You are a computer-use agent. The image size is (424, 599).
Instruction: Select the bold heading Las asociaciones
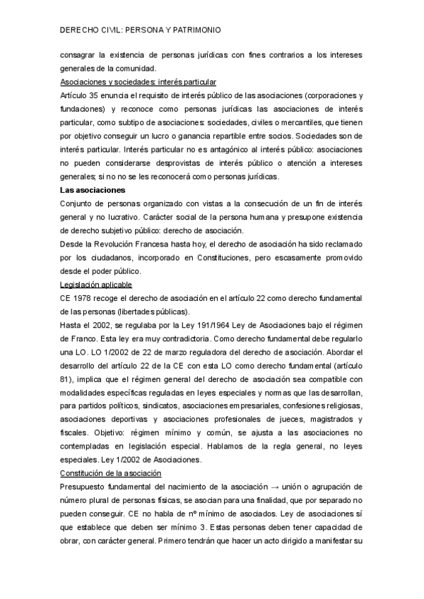(93, 190)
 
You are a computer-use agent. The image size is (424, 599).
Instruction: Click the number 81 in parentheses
(67, 379)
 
